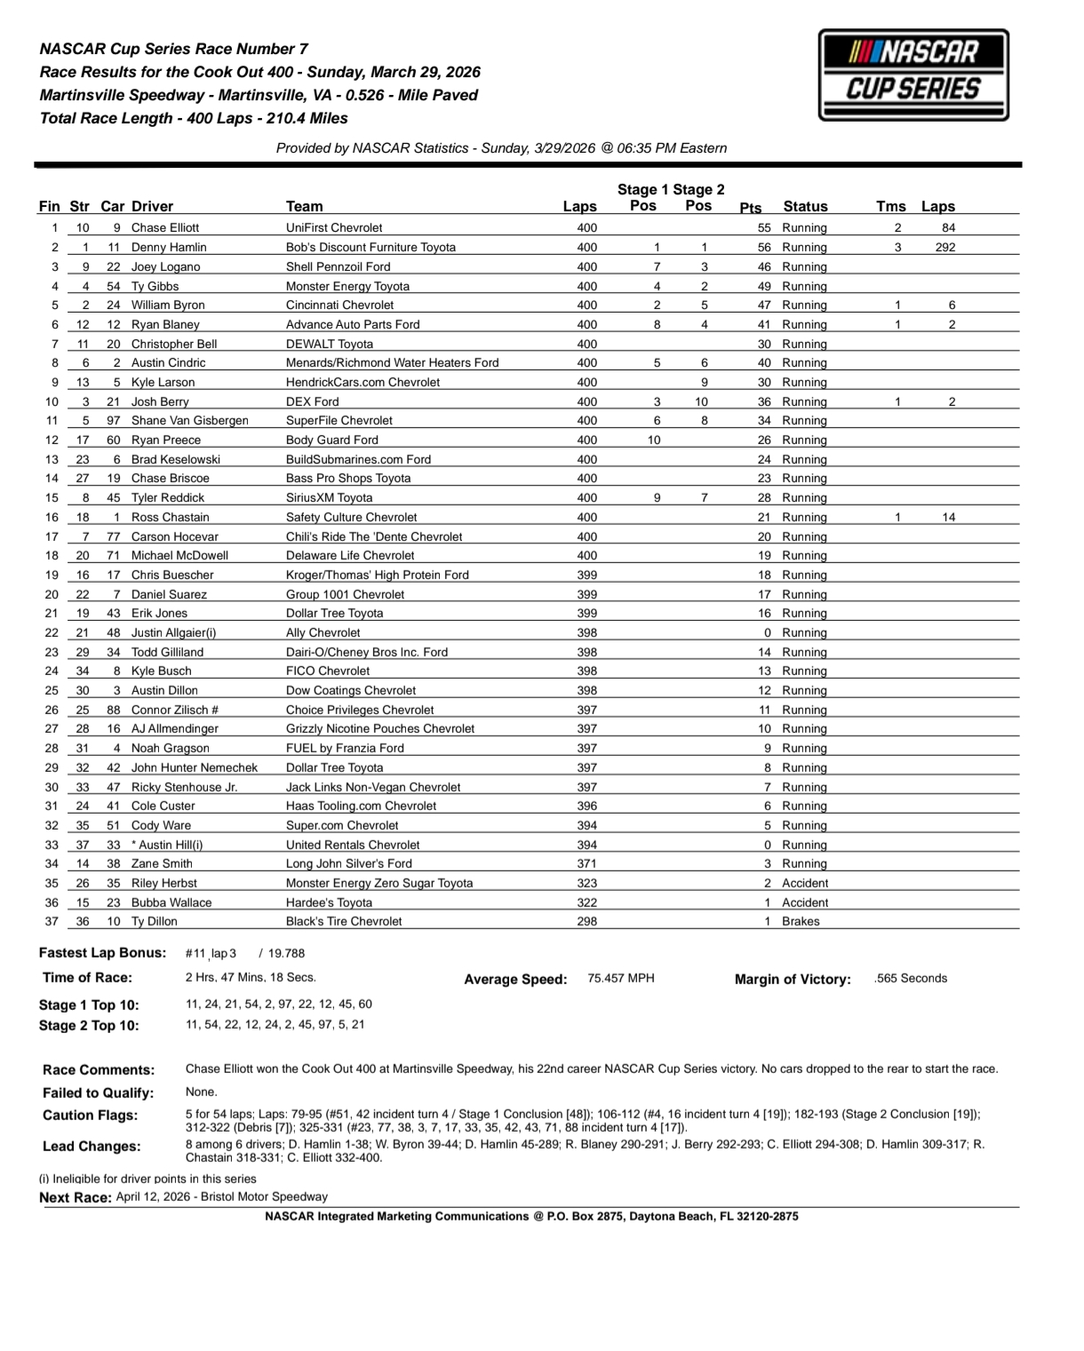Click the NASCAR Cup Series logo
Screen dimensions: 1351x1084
913,75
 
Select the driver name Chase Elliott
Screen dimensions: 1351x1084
165,228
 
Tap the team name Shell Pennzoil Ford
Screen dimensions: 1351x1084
338,266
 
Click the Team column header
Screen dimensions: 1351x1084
304,206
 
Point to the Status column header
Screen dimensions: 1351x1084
805,206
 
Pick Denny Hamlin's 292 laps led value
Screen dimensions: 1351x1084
945,248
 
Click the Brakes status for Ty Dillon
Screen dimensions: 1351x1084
801,921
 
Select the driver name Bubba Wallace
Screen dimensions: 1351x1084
171,902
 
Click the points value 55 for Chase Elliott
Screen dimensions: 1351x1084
764,228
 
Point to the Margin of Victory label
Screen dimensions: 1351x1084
793,980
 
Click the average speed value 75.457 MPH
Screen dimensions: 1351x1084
621,978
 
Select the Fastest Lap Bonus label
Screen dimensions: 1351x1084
102,953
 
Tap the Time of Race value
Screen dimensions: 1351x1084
251,977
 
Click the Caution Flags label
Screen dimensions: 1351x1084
90,1116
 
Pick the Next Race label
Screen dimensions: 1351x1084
75,1197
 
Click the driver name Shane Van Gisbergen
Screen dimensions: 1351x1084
190,421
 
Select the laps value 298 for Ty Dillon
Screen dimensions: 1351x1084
586,921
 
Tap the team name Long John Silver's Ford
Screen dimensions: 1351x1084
349,863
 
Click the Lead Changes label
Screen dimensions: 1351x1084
91,1147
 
